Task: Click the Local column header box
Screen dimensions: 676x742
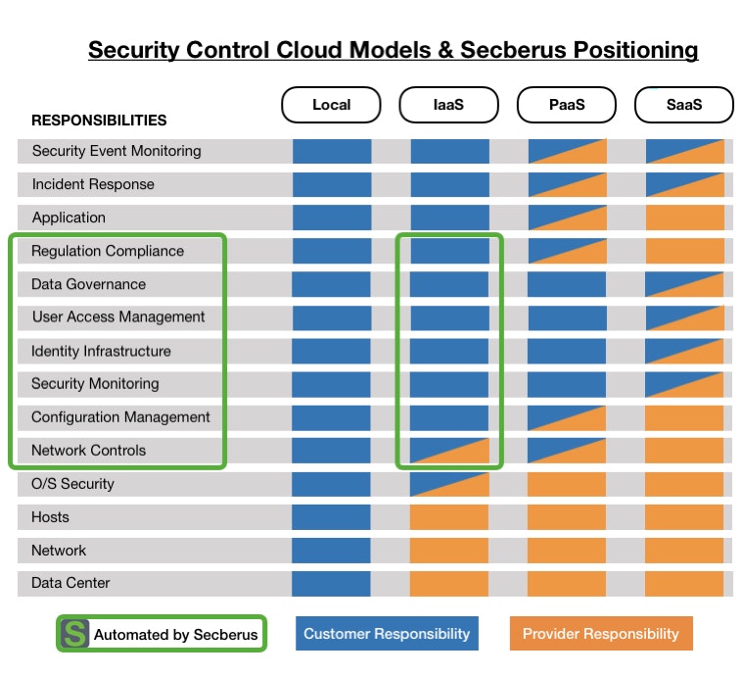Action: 331,105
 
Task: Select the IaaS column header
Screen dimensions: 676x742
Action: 448,105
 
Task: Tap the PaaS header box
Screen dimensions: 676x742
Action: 567,105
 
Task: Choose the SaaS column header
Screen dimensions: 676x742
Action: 684,105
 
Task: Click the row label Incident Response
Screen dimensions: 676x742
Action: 93,184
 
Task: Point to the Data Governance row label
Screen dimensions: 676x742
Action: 89,284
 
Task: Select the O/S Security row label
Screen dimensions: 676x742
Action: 73,484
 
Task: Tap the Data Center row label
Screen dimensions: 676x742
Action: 70,583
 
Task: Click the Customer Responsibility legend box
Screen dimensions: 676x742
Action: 387,634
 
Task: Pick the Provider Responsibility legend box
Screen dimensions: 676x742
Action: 600,634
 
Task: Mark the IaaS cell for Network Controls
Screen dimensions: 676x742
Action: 449,451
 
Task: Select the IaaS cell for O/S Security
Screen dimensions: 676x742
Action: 449,484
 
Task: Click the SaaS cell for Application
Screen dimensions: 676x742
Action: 684,217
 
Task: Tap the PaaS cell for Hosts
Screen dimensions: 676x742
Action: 567,517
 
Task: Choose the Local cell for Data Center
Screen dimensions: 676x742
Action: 332,583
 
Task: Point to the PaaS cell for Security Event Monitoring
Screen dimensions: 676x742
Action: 567,151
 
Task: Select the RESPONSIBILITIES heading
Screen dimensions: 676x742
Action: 99,121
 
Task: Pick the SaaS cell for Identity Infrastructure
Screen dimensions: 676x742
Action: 684,351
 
